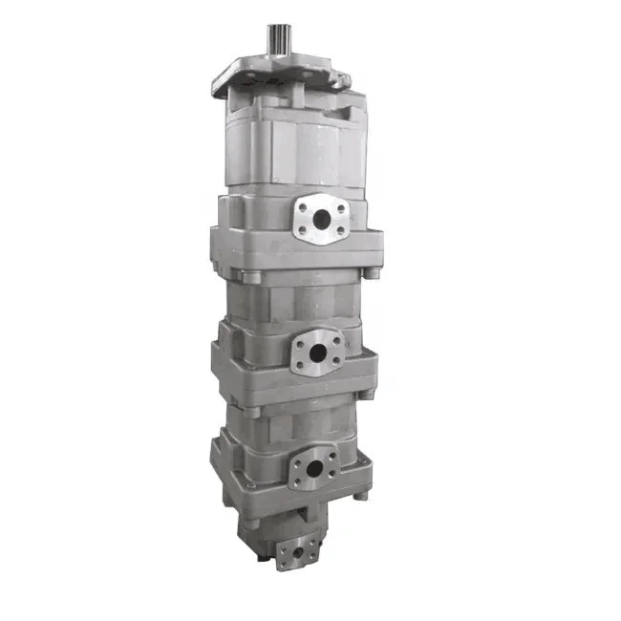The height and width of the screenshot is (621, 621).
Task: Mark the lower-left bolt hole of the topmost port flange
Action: pos(301,230)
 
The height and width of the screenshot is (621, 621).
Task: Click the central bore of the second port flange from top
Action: pos(314,349)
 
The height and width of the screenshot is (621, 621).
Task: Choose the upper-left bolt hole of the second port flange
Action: pos(300,337)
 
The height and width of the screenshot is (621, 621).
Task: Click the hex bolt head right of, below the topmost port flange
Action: pos(372,275)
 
